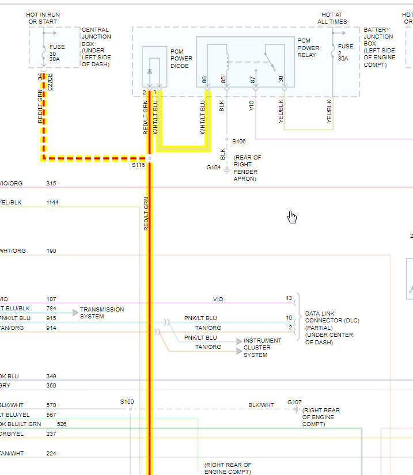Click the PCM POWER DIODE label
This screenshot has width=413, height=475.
click(x=181, y=58)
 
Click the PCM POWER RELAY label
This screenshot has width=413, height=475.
click(x=308, y=48)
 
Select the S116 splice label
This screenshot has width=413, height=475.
click(x=138, y=165)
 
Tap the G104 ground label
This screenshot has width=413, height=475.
click(x=214, y=168)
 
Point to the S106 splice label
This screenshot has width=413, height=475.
click(x=239, y=141)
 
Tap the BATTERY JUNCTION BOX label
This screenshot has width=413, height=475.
click(x=378, y=47)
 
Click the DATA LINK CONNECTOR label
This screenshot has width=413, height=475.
click(x=329, y=328)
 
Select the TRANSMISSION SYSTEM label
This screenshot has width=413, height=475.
click(x=101, y=313)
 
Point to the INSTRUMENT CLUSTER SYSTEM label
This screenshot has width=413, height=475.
click(x=262, y=348)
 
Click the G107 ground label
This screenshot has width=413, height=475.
click(x=294, y=402)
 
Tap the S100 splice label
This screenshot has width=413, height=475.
click(x=127, y=401)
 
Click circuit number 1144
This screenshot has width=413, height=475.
click(x=52, y=203)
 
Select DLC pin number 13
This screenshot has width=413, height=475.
click(x=289, y=298)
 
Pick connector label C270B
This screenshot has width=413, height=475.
click(x=50, y=81)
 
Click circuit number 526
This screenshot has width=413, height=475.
click(x=62, y=424)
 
